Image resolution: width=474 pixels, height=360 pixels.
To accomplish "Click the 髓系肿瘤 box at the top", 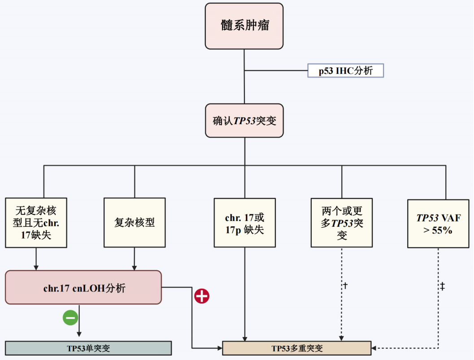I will click(x=244, y=26).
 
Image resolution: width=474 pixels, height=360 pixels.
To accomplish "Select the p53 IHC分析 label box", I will click(x=345, y=71).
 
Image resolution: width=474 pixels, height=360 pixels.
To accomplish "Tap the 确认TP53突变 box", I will click(x=244, y=121).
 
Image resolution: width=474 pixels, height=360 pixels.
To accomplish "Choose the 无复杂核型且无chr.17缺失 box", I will click(x=36, y=222).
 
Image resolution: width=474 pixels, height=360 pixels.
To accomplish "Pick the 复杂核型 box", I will click(x=135, y=222).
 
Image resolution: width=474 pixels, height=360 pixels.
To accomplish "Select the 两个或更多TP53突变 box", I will click(x=342, y=222).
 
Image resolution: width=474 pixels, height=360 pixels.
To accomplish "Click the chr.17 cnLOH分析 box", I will click(x=83, y=288).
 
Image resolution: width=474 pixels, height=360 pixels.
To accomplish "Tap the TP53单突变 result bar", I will click(x=88, y=348).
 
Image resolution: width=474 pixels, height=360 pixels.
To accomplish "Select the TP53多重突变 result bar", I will click(x=297, y=348).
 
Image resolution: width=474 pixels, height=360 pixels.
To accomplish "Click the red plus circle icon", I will click(x=202, y=296).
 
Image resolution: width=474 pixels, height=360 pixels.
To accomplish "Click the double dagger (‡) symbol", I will click(x=442, y=286).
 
